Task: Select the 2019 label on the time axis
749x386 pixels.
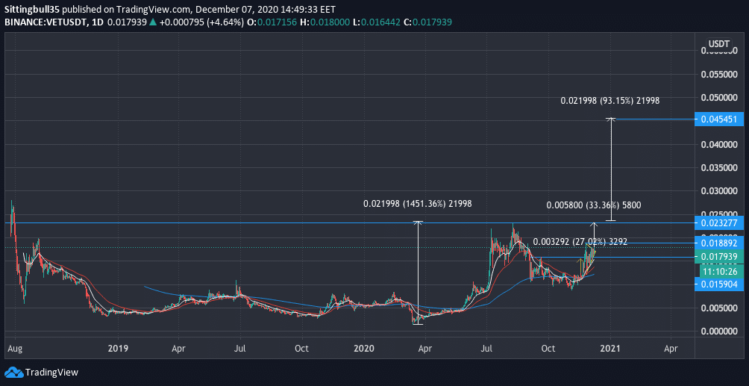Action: point(118,348)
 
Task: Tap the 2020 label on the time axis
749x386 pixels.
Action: point(363,348)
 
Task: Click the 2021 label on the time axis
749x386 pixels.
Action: point(610,348)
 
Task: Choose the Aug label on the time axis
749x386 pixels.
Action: point(13,348)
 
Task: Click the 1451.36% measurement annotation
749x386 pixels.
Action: point(417,204)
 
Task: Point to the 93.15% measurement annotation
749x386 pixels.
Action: point(609,100)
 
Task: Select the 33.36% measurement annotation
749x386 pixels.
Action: point(593,205)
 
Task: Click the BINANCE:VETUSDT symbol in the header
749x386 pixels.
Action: point(40,22)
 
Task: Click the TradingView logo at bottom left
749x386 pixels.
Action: point(42,372)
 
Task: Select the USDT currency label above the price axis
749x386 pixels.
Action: point(718,43)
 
